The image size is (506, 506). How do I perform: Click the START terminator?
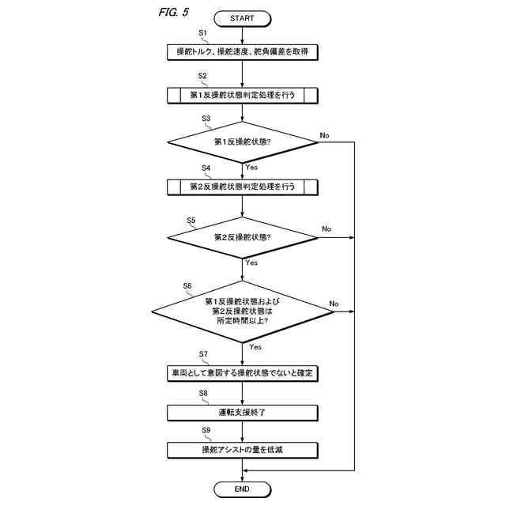pyautogui.click(x=242, y=18)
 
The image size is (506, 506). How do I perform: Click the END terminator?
pyautogui.click(x=242, y=489)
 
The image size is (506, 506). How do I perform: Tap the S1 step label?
pyautogui.click(x=202, y=33)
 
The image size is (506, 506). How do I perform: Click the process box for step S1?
pyautogui.click(x=242, y=53)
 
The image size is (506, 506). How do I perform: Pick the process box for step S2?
pyautogui.click(x=242, y=96)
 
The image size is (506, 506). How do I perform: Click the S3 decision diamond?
pyautogui.click(x=242, y=143)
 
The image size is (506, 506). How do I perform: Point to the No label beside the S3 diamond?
pyautogui.click(x=324, y=136)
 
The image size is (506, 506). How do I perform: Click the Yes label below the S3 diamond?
pyautogui.click(x=251, y=168)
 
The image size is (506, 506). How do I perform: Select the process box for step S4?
pyautogui.click(x=242, y=187)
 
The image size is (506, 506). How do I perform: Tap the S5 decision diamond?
pyautogui.click(x=242, y=236)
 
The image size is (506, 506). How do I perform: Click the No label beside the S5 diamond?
pyautogui.click(x=326, y=229)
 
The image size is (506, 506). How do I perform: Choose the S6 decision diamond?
pyautogui.click(x=242, y=312)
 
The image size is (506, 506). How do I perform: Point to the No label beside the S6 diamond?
pyautogui.click(x=334, y=304)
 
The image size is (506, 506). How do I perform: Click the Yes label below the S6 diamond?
pyautogui.click(x=255, y=347)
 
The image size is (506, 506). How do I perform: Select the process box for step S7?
pyautogui.click(x=242, y=371)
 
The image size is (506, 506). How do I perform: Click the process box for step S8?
pyautogui.click(x=242, y=412)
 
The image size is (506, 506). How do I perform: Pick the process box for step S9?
pyautogui.click(x=242, y=451)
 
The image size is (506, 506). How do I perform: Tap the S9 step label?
pyautogui.click(x=206, y=430)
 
